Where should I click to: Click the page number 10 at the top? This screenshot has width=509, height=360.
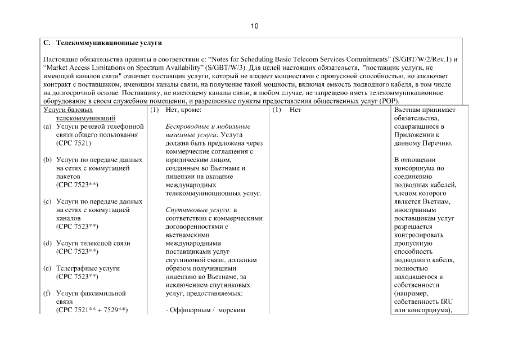pyautogui.click(x=254, y=26)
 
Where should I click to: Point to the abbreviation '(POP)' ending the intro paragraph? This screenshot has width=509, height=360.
pyautogui.click(x=388, y=101)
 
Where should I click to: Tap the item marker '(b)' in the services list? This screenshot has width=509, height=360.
pyautogui.click(x=48, y=160)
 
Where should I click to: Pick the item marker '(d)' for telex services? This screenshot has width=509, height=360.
pyautogui.click(x=48, y=243)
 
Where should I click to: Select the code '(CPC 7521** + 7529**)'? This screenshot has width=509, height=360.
pyautogui.click(x=92, y=309)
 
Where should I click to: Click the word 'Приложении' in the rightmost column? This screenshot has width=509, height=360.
pyautogui.click(x=413, y=135)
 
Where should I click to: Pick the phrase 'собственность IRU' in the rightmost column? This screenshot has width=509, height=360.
pyautogui.click(x=420, y=301)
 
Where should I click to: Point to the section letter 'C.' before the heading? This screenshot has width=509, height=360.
pyautogui.click(x=47, y=43)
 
